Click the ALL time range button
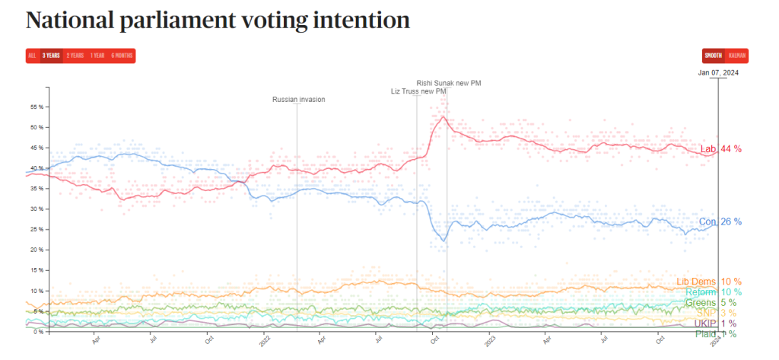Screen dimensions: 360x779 pyautogui.click(x=32, y=56)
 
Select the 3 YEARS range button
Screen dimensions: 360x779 pyautogui.click(x=52, y=56)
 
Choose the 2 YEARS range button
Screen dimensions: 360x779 pyautogui.click(x=75, y=56)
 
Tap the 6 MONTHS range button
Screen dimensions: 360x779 pyautogui.click(x=122, y=56)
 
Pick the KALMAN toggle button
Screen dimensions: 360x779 pyautogui.click(x=736, y=56)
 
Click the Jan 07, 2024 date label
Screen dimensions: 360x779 pyautogui.click(x=718, y=73)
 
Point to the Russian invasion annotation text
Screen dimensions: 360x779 pyautogui.click(x=298, y=100)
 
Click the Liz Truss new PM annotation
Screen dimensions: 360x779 pyautogui.click(x=418, y=92)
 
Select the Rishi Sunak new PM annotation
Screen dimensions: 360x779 pyautogui.click(x=449, y=83)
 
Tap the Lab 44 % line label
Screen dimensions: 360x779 pyautogui.click(x=720, y=149)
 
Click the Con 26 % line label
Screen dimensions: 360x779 pyautogui.click(x=720, y=222)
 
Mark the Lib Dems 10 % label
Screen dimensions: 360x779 pyautogui.click(x=708, y=282)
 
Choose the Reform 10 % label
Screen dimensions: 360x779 pyautogui.click(x=713, y=292)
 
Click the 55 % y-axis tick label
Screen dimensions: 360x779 pyautogui.click(x=37, y=107)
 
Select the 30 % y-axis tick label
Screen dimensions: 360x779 pyautogui.click(x=37, y=209)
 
